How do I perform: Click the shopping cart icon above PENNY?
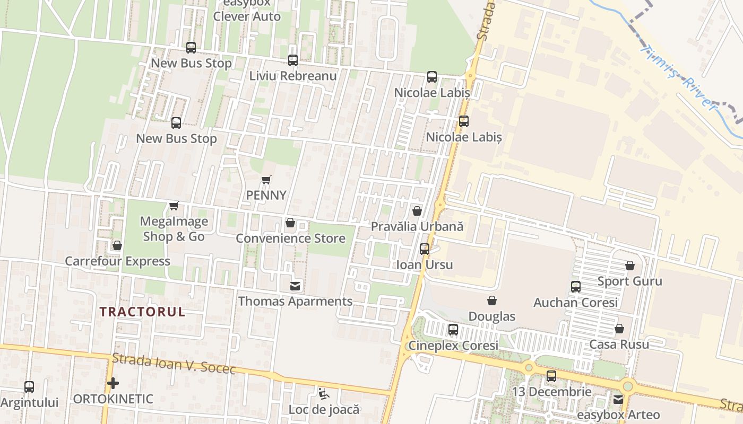[266, 180]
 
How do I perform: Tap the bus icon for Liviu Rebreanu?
[293, 60]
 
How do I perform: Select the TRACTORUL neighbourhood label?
[142, 312]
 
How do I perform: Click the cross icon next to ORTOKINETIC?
[113, 383]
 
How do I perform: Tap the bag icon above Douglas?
[492, 301]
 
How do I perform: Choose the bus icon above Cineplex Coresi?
[453, 330]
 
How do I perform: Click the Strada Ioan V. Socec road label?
[174, 364]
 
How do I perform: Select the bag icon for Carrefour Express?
[117, 245]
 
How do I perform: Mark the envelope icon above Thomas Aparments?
[295, 286]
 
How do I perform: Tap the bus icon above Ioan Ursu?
[425, 249]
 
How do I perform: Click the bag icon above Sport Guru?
[630, 266]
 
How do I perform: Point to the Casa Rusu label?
[619, 344]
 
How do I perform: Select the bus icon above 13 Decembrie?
[551, 376]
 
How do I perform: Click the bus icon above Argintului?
[29, 387]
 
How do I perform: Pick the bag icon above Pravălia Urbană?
[417, 211]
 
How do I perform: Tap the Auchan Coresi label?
[575, 303]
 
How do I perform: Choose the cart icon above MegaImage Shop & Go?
[174, 206]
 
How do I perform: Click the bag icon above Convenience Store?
[290, 223]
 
